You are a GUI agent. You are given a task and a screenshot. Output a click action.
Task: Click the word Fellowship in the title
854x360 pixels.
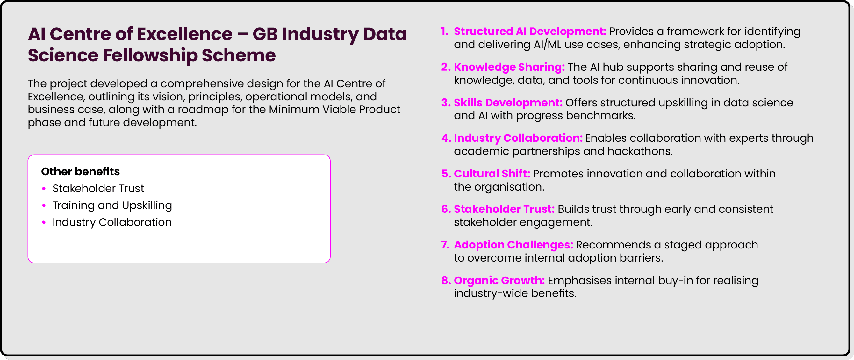[150, 55]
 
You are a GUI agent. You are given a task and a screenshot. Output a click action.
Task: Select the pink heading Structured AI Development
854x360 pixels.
[530, 32]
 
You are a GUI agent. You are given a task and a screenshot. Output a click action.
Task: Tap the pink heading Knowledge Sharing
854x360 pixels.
[509, 67]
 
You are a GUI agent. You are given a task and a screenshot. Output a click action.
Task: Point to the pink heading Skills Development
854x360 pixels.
[508, 103]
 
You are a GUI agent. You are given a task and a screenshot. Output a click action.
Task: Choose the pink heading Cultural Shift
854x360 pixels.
[492, 174]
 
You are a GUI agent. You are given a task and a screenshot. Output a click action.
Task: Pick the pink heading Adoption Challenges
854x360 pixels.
[513, 245]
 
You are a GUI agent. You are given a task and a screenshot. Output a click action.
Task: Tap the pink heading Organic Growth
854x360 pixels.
[499, 280]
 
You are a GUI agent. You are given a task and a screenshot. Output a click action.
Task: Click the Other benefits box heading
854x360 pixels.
[81, 172]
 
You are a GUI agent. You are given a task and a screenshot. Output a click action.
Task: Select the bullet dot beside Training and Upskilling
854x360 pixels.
[44, 205]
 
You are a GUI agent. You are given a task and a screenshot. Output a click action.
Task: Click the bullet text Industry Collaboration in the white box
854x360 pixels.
[112, 222]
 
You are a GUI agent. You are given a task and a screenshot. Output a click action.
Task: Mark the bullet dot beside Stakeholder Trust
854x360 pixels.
[44, 189]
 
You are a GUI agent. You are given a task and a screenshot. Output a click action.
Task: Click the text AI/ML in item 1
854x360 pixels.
[547, 45]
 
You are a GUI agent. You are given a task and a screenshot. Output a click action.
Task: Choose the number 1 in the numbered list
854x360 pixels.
[444, 32]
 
